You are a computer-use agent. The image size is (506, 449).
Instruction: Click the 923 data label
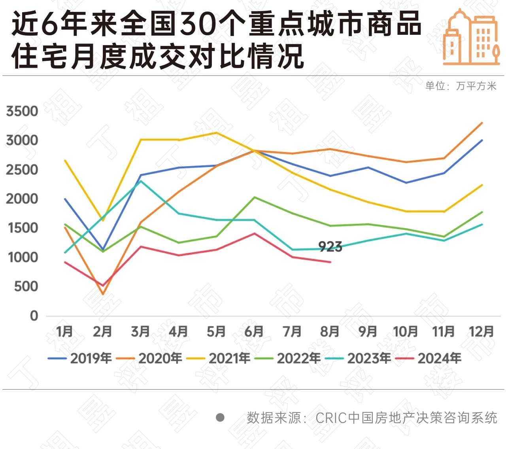(x=330, y=247)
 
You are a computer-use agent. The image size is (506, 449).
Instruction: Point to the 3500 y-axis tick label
(x=22, y=111)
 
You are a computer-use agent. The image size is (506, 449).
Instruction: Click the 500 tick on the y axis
(x=26, y=286)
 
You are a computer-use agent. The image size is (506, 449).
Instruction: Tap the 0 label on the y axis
(x=34, y=316)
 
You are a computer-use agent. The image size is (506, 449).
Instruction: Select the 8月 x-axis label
(x=330, y=332)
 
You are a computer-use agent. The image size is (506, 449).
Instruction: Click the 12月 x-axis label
(x=481, y=332)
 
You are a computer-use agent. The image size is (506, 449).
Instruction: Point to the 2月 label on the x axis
(x=102, y=332)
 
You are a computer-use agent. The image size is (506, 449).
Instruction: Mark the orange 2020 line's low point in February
(x=103, y=294)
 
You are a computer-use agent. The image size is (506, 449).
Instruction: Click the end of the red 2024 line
(x=330, y=262)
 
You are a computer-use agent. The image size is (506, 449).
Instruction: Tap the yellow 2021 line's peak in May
(x=216, y=133)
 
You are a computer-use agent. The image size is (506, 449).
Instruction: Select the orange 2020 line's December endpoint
(x=482, y=123)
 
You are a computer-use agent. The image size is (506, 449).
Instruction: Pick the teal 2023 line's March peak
(x=141, y=181)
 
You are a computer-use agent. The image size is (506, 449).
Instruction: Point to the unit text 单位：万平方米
(x=461, y=86)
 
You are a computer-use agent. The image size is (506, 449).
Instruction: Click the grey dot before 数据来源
(x=220, y=417)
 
